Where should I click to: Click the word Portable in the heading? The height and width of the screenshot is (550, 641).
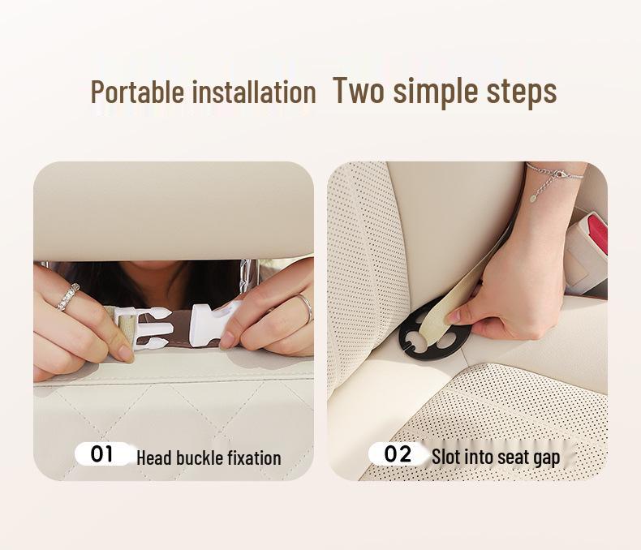(137, 92)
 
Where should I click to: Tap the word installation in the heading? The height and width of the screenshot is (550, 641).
(253, 92)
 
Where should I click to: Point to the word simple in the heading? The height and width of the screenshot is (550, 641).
(433, 92)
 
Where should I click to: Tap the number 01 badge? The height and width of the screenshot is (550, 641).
(102, 453)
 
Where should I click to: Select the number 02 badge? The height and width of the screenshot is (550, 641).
(398, 453)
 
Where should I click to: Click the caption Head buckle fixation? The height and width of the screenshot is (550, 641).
(209, 458)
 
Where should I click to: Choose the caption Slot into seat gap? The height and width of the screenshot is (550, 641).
(496, 458)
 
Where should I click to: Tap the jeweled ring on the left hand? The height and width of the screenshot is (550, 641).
(68, 296)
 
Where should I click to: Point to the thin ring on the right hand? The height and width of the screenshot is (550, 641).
(304, 307)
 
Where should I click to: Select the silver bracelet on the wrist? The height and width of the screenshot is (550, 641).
(554, 174)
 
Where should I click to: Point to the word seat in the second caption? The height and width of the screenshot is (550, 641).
(516, 458)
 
